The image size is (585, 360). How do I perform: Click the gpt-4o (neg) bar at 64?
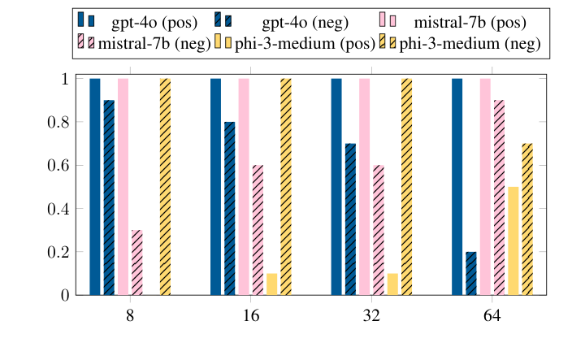pos(471,274)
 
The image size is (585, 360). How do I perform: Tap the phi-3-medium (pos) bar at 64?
pos(513,241)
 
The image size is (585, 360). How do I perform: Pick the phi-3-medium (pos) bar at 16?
pos(272,284)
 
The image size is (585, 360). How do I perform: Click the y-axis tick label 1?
pos(62,79)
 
